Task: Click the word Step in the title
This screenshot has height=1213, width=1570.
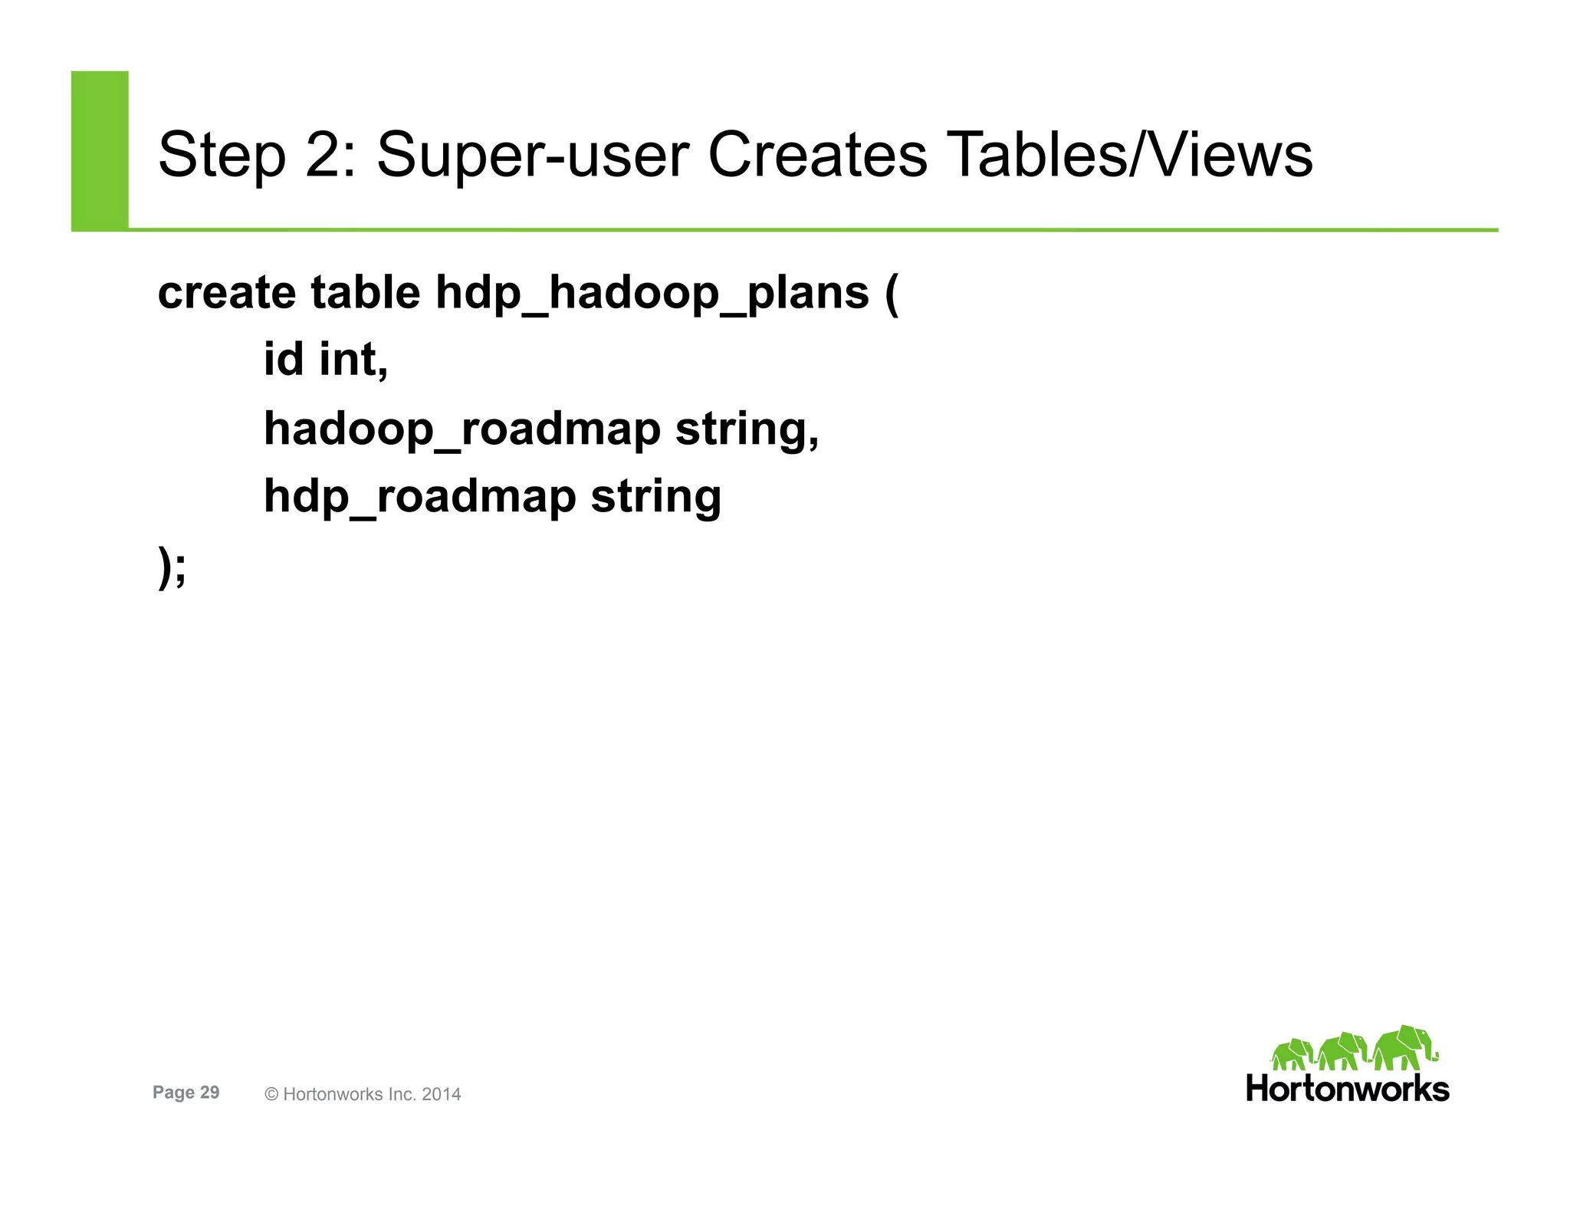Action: point(222,156)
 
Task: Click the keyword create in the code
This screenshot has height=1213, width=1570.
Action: point(227,293)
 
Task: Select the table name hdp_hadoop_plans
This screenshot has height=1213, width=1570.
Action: point(652,294)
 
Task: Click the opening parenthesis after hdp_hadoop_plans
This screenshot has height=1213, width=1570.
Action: point(891,294)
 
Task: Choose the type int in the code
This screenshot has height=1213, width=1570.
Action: point(353,360)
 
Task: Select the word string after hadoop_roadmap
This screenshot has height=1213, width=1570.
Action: point(747,429)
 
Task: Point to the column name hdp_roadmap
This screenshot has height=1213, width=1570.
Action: point(419,496)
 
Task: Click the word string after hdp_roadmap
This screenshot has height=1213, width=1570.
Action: point(655,496)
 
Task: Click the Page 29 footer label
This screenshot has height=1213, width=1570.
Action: point(186,1093)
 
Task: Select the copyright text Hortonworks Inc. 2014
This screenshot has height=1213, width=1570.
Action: point(363,1094)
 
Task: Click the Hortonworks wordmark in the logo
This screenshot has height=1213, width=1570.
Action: point(1347,1089)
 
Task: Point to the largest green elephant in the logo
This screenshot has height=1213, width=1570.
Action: point(1403,1047)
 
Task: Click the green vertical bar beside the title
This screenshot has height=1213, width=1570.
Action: point(100,150)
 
